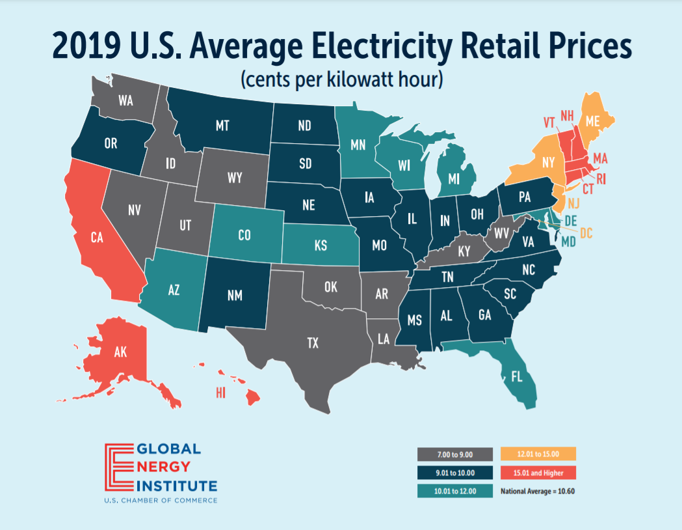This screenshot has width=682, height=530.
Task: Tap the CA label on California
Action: click(97, 238)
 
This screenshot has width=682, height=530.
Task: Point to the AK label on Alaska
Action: click(120, 353)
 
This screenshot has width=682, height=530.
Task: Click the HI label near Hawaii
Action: click(220, 392)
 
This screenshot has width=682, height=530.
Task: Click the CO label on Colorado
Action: click(244, 235)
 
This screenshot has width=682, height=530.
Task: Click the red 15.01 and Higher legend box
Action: click(538, 473)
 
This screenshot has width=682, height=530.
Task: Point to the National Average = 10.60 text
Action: click(538, 491)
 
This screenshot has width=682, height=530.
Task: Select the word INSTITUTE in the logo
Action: click(176, 486)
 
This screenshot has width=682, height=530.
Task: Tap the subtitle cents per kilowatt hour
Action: click(341, 81)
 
